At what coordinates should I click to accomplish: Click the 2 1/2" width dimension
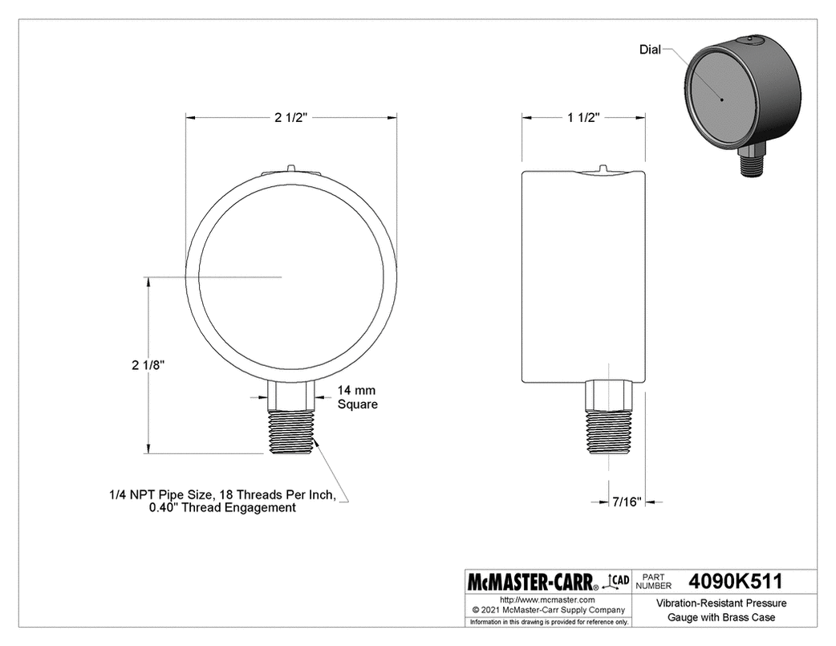[x=290, y=118]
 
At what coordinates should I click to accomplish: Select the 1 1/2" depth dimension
[x=584, y=118]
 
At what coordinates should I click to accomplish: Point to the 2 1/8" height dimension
[x=148, y=364]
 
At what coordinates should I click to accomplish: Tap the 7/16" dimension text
[x=626, y=502]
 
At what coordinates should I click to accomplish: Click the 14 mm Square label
[x=357, y=397]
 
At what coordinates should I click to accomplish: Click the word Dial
[x=649, y=50]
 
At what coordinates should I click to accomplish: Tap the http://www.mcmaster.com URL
[x=546, y=599]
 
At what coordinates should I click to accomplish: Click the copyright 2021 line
[x=546, y=610]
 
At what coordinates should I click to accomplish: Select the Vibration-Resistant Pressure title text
[x=721, y=603]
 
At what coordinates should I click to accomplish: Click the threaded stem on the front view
[x=290, y=433]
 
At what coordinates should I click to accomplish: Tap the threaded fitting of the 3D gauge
[x=752, y=165]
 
